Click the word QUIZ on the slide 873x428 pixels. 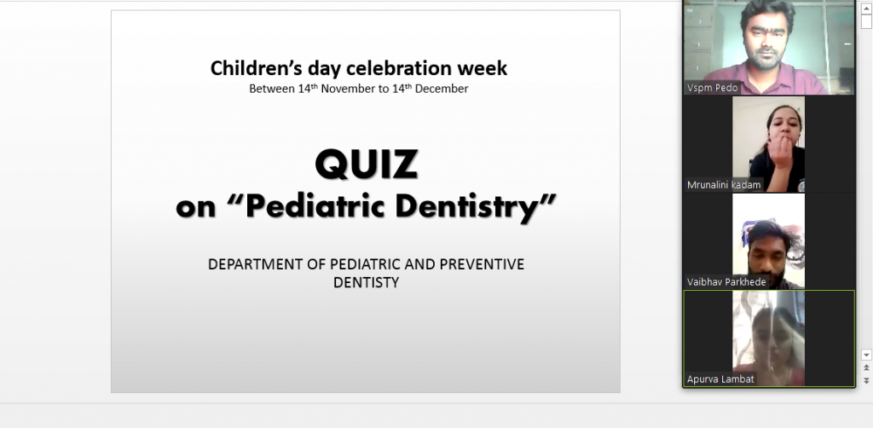[x=366, y=165]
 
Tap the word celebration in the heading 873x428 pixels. [x=399, y=68]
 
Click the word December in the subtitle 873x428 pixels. [x=442, y=89]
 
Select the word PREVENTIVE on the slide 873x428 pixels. [x=482, y=264]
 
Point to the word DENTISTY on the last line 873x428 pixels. [x=366, y=283]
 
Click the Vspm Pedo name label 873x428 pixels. [x=712, y=88]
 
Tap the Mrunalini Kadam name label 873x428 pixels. [x=723, y=185]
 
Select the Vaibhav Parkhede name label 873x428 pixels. [x=726, y=282]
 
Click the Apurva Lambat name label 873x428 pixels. [x=720, y=379]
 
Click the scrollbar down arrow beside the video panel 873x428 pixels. [x=866, y=355]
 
